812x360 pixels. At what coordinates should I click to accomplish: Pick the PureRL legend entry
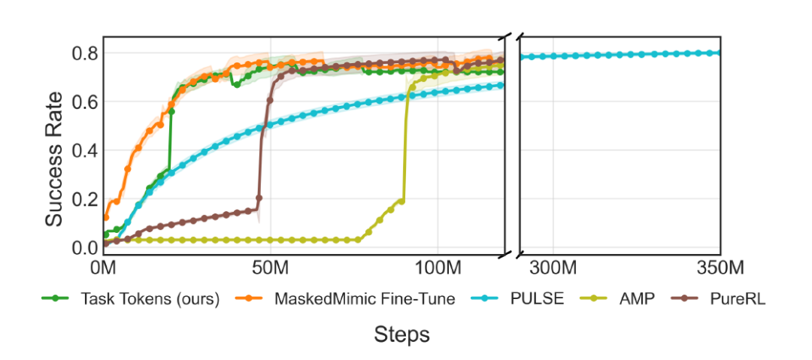coord(736,299)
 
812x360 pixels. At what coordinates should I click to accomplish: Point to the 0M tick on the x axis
coord(103,268)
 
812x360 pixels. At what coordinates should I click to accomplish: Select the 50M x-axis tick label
coord(271,268)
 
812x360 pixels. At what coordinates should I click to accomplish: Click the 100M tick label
coord(438,268)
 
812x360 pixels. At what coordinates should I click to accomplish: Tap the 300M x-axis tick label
coord(553,268)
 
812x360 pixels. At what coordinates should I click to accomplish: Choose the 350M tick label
coord(720,268)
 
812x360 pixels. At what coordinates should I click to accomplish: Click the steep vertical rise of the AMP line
coord(405,150)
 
